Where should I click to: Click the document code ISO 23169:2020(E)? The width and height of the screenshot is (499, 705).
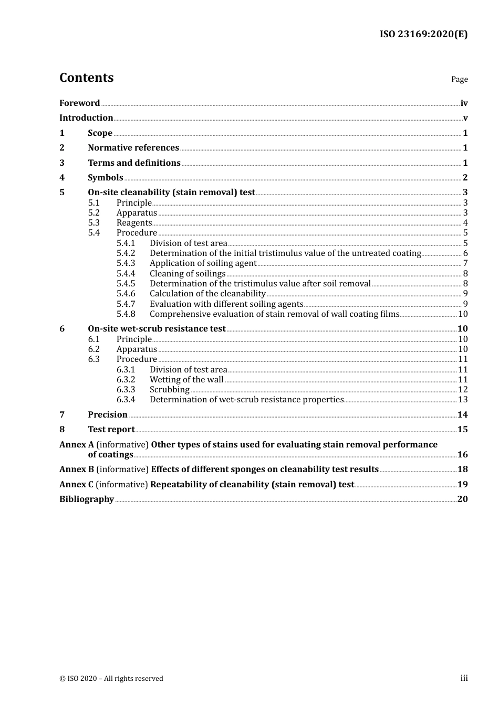[423, 34]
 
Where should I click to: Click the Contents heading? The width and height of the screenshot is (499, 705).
[86, 78]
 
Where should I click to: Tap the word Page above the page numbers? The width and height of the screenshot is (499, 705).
[459, 79]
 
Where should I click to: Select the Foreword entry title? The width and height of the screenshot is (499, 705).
[79, 103]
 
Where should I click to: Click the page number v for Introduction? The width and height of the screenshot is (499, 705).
[465, 118]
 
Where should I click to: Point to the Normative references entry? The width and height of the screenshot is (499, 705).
[133, 148]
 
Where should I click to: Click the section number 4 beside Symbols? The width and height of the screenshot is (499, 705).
[62, 178]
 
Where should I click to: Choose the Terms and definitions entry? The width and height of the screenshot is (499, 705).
[134, 163]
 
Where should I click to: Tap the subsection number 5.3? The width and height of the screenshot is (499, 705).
[93, 223]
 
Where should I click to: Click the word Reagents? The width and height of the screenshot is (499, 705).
[134, 223]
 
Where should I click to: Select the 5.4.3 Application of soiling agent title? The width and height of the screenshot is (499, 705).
[203, 263]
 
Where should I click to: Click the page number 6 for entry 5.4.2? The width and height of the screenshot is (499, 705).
[465, 253]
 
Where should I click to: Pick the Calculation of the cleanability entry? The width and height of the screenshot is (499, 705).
[207, 294]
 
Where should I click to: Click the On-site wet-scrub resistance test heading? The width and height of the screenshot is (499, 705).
[157, 329]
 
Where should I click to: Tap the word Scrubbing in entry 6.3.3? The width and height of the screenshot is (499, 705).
[169, 390]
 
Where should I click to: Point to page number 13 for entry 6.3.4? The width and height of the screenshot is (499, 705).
[463, 400]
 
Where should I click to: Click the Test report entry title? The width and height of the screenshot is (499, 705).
[111, 430]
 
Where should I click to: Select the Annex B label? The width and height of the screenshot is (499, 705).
[77, 469]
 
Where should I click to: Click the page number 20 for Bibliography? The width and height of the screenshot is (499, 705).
[462, 499]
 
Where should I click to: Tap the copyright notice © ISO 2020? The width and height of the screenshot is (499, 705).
[111, 679]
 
